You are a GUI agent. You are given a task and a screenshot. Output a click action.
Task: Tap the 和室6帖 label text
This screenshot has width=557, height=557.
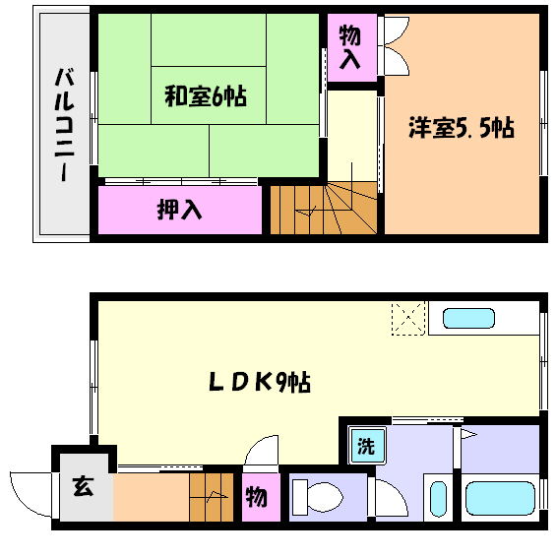(205, 96)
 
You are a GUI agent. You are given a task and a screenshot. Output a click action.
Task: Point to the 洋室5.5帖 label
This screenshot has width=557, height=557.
(461, 128)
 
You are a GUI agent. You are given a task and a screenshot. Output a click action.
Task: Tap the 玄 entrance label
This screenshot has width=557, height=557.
(83, 486)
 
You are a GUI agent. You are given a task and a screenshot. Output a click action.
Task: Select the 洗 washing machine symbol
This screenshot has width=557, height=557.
(366, 446)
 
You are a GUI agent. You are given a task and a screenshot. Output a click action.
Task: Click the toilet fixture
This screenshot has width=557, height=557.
(316, 495)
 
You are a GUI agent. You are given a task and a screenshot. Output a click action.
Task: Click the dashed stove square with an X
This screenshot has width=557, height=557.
(406, 319)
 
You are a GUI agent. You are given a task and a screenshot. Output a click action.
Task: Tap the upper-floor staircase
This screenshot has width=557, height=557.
(322, 209)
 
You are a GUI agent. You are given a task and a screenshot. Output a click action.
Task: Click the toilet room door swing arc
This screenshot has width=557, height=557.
(390, 497)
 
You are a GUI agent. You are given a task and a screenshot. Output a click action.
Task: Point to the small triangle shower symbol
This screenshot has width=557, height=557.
(468, 433)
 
